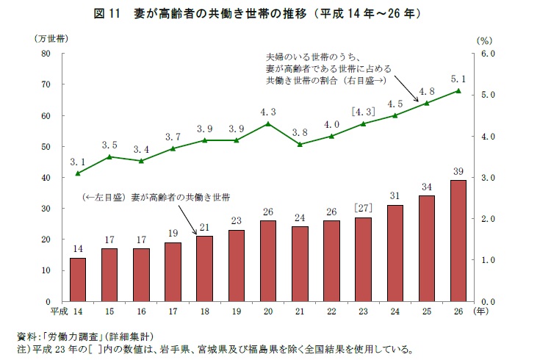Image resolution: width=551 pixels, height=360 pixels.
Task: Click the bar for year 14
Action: pos(78,279)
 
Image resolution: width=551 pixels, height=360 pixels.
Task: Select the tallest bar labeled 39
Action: pos(458,241)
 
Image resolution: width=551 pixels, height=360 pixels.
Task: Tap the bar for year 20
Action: pos(267,261)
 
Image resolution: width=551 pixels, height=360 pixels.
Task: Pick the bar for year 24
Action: pos(395,253)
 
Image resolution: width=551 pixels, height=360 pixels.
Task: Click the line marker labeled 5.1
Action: pos(458,91)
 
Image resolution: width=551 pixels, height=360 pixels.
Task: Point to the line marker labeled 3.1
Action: pos(78,173)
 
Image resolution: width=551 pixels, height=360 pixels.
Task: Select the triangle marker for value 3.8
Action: pos(299,144)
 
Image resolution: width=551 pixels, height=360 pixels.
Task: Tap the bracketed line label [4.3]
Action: pos(363,112)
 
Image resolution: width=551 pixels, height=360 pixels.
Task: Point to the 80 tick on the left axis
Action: pos(46,54)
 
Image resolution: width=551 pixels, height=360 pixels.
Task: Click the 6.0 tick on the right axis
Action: pos(489,54)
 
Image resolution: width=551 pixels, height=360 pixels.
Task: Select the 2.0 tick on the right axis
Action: pos(489,219)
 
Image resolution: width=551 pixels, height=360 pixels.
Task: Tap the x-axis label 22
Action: pos(331,312)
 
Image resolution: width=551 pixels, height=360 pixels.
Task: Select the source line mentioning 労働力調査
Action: pos(88,336)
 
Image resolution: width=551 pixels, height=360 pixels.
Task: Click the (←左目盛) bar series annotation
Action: pos(156,198)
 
